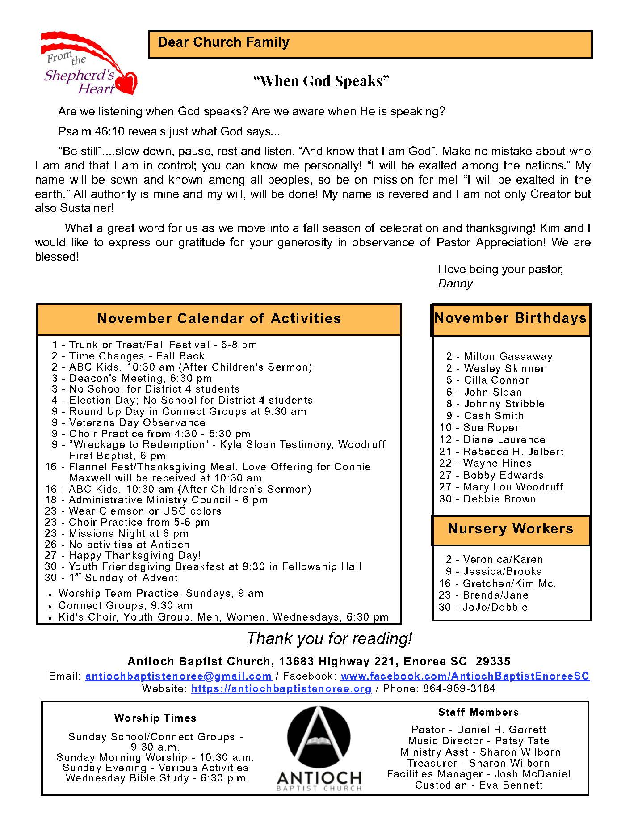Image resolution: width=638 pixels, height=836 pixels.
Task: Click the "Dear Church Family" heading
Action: [223, 43]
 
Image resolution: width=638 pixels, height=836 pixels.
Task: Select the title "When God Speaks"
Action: [321, 81]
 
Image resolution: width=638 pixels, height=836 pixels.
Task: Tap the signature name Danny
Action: [455, 283]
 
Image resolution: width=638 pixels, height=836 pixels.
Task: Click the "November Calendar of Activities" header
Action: [219, 319]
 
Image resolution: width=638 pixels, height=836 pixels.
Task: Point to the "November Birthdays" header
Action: [510, 318]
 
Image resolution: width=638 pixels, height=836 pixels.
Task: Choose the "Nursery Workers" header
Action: [510, 529]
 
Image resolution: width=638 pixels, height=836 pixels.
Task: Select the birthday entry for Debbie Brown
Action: [488, 499]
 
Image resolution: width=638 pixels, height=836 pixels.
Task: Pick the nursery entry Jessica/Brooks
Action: [494, 572]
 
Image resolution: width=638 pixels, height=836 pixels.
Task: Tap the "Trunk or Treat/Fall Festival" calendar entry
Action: [155, 345]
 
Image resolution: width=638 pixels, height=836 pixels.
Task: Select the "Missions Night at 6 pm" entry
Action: [117, 534]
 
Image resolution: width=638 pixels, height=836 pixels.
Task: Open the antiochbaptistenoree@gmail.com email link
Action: [178, 676]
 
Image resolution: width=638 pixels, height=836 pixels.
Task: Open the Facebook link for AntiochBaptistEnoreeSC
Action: [465, 676]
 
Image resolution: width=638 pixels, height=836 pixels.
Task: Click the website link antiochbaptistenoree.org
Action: [281, 689]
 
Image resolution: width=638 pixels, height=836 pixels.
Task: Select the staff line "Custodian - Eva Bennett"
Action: [479, 785]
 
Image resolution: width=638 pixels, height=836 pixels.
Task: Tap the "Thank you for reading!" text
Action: [329, 639]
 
